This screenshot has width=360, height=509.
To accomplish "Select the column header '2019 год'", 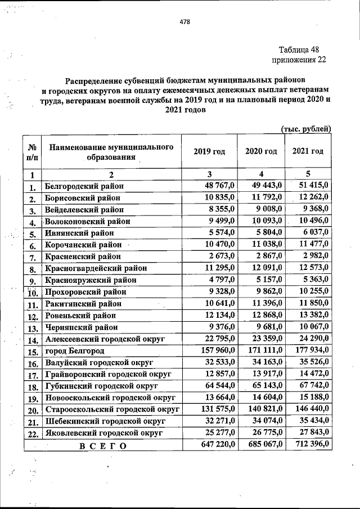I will click(x=209, y=152).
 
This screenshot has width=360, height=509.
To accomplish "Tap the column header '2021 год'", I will click(x=308, y=152).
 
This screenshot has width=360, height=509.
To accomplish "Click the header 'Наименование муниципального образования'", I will click(x=110, y=152).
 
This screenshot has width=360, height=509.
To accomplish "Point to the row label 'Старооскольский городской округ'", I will click(x=112, y=409).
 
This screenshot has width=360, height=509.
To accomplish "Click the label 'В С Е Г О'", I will click(x=102, y=446).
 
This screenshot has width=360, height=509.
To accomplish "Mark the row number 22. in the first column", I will click(x=32, y=434).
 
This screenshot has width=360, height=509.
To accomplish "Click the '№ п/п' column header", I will click(x=32, y=152).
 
